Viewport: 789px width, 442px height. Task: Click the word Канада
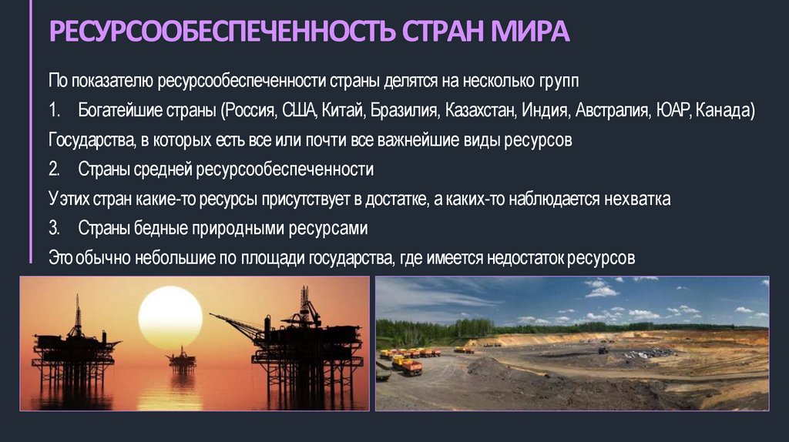(724, 110)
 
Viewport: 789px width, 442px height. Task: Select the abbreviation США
(300, 110)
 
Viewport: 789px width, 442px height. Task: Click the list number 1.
(53, 110)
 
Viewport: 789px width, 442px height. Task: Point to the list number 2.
(53, 169)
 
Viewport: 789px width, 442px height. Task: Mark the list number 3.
(53, 229)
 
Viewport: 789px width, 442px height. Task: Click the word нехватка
(637, 199)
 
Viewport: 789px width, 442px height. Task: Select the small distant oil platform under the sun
(182, 360)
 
